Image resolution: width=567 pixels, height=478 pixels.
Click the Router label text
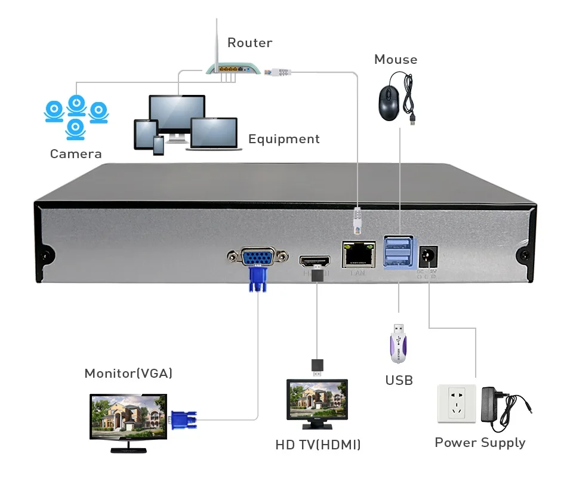tap(249, 43)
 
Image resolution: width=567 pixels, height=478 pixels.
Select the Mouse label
tap(395, 60)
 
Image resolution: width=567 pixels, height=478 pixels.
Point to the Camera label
tap(76, 154)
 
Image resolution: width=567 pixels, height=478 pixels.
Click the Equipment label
tap(283, 139)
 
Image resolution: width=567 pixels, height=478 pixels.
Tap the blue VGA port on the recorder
tap(257, 258)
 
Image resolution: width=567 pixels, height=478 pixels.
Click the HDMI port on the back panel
tap(315, 261)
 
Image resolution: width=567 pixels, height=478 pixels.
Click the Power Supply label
tap(480, 443)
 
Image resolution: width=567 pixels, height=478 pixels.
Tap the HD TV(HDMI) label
tap(318, 445)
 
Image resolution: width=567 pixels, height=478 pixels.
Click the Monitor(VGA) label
tap(128, 374)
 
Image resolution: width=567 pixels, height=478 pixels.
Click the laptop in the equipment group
tap(214, 134)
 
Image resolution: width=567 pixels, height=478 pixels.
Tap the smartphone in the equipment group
tap(158, 145)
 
